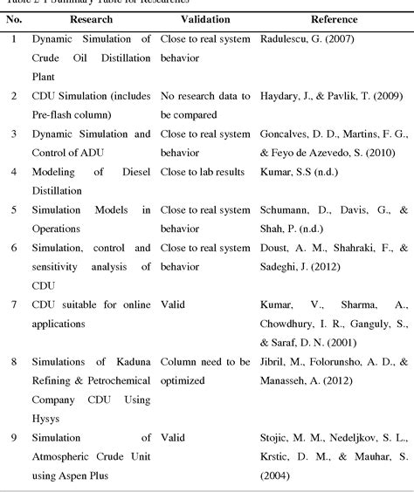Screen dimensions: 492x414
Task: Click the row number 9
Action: pos(13,437)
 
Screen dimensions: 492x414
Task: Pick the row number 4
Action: pos(13,172)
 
